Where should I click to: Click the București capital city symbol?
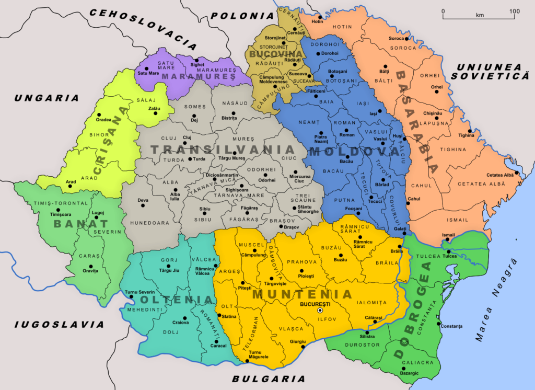coord(320,310)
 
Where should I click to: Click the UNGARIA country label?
coord(46,98)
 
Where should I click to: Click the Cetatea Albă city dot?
coord(516,173)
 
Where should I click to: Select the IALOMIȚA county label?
coord(372,303)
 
